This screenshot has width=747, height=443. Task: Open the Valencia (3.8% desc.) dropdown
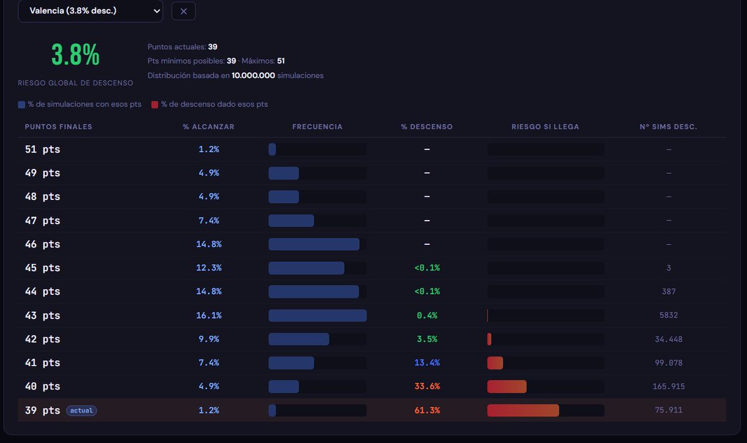(x=90, y=11)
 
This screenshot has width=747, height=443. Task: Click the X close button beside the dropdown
(x=184, y=11)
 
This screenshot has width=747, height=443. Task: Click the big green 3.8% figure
(x=75, y=54)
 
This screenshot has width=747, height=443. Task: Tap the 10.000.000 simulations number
(x=253, y=75)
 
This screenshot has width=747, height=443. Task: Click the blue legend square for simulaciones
(x=22, y=105)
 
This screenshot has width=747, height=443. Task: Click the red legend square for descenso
(x=155, y=105)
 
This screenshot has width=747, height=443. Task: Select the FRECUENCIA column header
(x=317, y=127)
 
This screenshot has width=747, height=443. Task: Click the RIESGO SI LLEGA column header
(x=545, y=127)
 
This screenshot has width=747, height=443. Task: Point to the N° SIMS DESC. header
(x=669, y=127)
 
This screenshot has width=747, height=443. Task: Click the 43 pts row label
(x=43, y=315)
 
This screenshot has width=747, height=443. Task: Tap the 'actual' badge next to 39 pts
(x=82, y=411)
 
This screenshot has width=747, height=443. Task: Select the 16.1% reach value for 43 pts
(x=209, y=315)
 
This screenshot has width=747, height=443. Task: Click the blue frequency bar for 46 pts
(x=314, y=244)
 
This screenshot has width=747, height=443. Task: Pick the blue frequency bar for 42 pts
(x=299, y=339)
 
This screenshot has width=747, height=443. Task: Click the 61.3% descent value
(x=427, y=410)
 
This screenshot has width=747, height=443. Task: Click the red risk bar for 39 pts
(x=523, y=411)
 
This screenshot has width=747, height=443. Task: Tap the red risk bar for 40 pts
(x=507, y=386)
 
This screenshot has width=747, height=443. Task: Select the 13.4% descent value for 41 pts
(x=427, y=363)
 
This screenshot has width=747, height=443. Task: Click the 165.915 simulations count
(x=669, y=386)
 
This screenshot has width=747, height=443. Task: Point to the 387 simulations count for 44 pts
(x=669, y=292)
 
